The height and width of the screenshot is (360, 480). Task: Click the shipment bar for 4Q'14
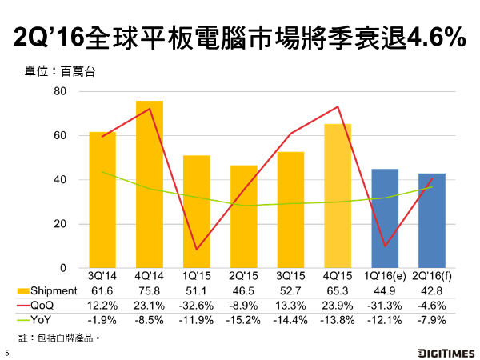pos(149,184)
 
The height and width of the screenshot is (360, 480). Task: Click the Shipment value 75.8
pos(149,290)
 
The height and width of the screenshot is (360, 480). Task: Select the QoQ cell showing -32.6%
pos(196,305)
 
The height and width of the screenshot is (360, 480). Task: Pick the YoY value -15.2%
pos(243,319)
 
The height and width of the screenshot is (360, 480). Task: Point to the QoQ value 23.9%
pos(338,305)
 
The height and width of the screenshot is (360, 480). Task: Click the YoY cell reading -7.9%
pos(432,319)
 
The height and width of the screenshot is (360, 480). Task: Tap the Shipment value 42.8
pos(432,290)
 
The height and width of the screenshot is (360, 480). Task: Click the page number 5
pos(6,352)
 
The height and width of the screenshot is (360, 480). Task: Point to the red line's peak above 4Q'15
pos(338,107)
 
